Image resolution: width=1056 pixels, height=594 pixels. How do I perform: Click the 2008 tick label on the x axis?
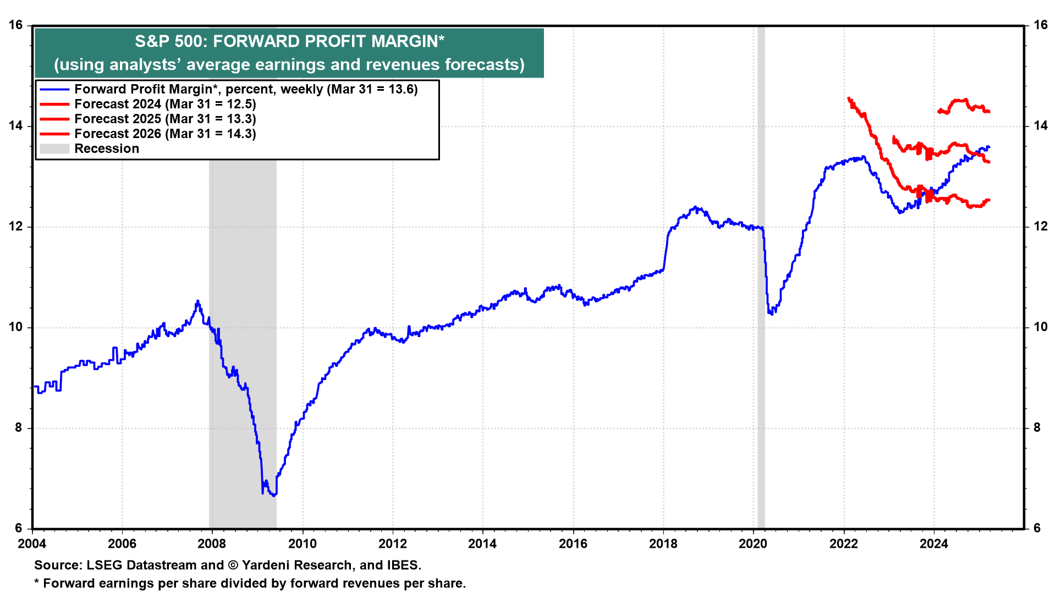click(x=212, y=544)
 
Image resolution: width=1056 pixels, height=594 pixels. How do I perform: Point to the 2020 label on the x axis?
click(x=753, y=544)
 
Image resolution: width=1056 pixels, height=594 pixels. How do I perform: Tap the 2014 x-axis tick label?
click(x=482, y=544)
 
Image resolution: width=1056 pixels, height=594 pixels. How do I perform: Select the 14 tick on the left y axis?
click(x=15, y=126)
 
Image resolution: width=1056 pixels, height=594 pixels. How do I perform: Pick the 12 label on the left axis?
click(x=15, y=227)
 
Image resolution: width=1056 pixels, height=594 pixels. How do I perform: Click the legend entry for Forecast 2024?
click(x=165, y=104)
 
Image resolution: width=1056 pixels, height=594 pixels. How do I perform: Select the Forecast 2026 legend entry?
click(x=165, y=134)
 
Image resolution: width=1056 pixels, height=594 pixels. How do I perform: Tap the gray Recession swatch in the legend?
click(x=54, y=148)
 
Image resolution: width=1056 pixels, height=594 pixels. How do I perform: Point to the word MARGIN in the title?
click(x=404, y=41)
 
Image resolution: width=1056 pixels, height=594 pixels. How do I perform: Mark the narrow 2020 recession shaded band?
click(x=761, y=275)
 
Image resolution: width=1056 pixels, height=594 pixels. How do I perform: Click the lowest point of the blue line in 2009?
click(x=273, y=496)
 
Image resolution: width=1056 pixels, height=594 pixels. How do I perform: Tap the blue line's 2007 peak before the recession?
click(x=198, y=301)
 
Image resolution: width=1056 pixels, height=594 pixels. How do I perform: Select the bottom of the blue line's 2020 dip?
click(x=772, y=313)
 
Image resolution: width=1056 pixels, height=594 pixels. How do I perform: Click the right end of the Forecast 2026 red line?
click(x=989, y=112)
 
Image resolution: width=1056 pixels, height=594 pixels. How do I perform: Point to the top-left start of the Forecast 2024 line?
click(x=849, y=98)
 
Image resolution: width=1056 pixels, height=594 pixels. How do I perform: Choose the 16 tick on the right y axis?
click(x=1040, y=25)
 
